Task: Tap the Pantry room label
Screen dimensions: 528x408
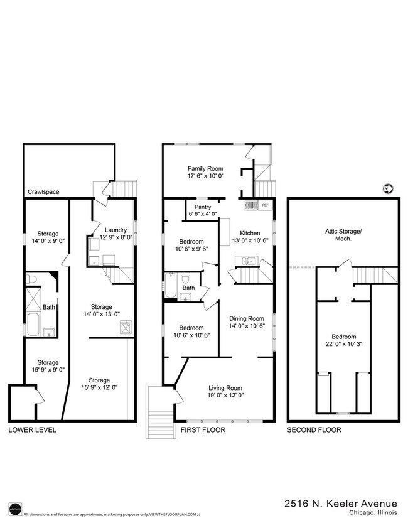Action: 203,207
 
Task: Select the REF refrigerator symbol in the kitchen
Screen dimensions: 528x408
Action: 265,205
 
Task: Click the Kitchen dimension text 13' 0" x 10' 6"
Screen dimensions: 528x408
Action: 250,240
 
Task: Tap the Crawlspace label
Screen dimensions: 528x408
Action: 43,192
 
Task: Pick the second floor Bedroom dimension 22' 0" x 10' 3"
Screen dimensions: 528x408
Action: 342,345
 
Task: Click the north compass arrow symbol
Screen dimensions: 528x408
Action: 387,188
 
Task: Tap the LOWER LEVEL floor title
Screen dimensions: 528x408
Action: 32,430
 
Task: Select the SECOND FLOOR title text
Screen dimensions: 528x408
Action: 314,430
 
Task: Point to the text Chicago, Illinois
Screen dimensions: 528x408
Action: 370,513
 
